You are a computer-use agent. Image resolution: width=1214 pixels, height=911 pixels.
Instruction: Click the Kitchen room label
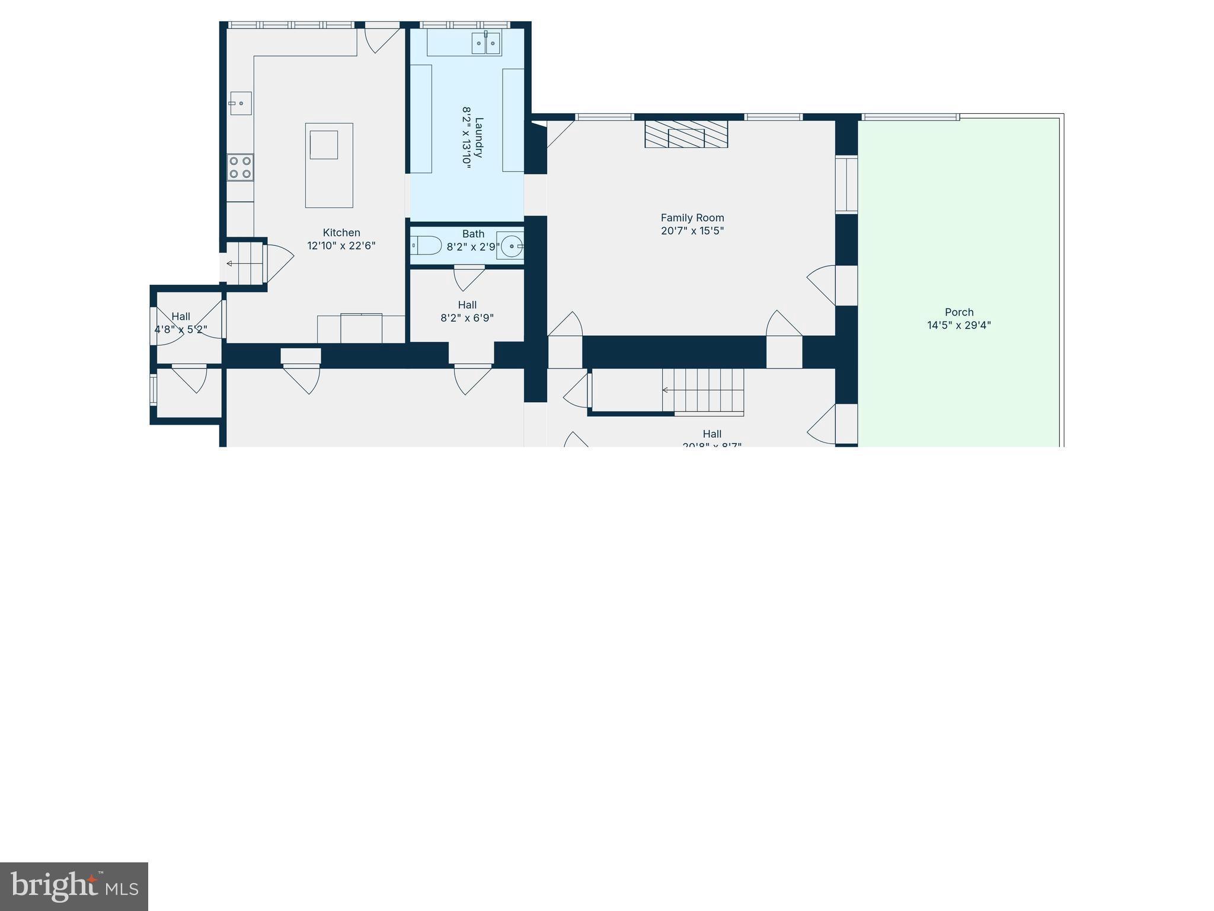(341, 232)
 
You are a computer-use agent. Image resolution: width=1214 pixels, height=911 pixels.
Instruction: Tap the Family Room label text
(692, 218)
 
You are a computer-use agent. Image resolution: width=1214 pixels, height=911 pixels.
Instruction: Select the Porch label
(959, 312)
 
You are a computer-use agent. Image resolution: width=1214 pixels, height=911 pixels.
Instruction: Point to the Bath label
(473, 234)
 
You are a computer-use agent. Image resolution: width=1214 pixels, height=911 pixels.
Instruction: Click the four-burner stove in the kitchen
(240, 167)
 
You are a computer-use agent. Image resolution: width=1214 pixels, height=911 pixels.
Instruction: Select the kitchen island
(329, 165)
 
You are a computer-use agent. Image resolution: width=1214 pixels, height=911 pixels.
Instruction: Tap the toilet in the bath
(426, 245)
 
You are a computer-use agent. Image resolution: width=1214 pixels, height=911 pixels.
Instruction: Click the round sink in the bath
(510, 245)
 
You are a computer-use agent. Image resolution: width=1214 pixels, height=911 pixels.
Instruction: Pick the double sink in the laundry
(485, 43)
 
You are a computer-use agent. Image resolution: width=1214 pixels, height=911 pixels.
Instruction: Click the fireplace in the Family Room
(686, 134)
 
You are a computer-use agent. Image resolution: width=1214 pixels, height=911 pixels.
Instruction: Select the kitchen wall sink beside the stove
(241, 103)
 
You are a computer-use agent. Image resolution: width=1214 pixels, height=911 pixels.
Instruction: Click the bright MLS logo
(74, 887)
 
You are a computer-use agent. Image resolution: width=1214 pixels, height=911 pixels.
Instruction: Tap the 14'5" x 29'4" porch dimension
(959, 325)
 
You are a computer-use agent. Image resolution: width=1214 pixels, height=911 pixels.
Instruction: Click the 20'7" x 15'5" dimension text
(692, 231)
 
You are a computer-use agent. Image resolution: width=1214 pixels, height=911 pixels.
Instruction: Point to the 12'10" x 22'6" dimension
(341, 246)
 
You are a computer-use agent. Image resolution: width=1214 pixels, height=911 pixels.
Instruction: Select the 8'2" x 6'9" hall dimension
(467, 318)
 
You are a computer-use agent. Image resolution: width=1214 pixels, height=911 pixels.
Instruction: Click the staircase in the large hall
(704, 390)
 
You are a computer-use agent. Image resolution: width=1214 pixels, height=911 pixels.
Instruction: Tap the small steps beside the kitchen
(244, 263)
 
